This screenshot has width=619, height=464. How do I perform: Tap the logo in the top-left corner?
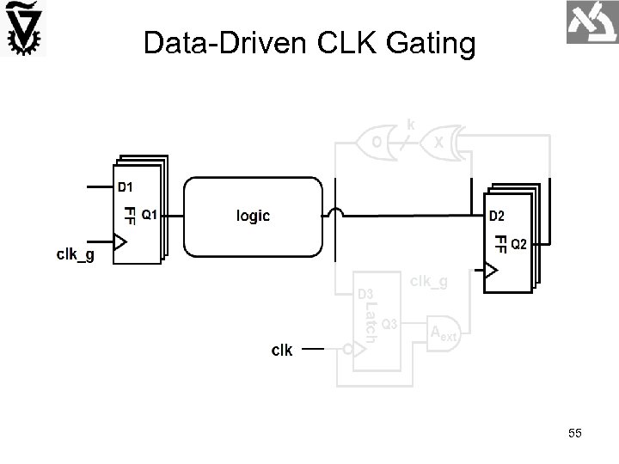click(x=25, y=30)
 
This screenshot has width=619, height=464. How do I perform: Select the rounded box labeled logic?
click(x=254, y=217)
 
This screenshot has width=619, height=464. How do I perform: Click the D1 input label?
click(x=126, y=186)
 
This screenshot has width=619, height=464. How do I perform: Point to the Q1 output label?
click(x=149, y=215)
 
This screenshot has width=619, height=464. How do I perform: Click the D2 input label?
click(x=497, y=215)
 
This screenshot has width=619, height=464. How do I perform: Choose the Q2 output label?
click(x=520, y=244)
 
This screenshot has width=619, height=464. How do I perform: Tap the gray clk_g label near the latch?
click(x=428, y=280)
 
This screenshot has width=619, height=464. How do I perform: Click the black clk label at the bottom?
click(x=282, y=350)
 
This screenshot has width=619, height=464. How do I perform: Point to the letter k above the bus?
click(x=411, y=125)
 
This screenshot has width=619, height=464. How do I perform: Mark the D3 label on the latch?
click(x=365, y=294)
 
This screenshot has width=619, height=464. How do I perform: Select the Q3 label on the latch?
click(x=389, y=323)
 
